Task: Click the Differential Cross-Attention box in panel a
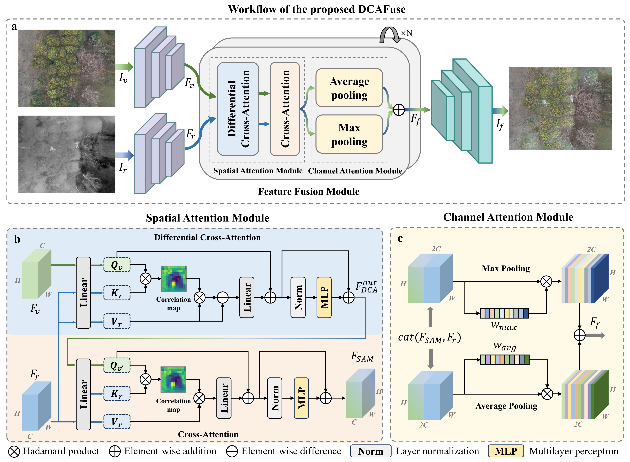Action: click(x=238, y=109)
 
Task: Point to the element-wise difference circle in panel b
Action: click(x=223, y=298)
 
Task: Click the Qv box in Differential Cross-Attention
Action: click(x=117, y=265)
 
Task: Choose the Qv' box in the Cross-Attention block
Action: click(x=117, y=365)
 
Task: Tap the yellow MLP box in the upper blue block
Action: click(x=324, y=297)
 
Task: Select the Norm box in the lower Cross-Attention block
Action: click(x=275, y=398)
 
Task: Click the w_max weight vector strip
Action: click(x=504, y=313)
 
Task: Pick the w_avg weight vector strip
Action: click(x=505, y=360)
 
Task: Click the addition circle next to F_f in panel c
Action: click(x=580, y=335)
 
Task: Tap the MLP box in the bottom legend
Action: click(x=506, y=451)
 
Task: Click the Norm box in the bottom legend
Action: click(x=371, y=451)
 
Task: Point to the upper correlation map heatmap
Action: click(x=174, y=279)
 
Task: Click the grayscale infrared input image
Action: click(x=67, y=154)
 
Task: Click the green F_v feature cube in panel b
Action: click(x=37, y=274)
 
